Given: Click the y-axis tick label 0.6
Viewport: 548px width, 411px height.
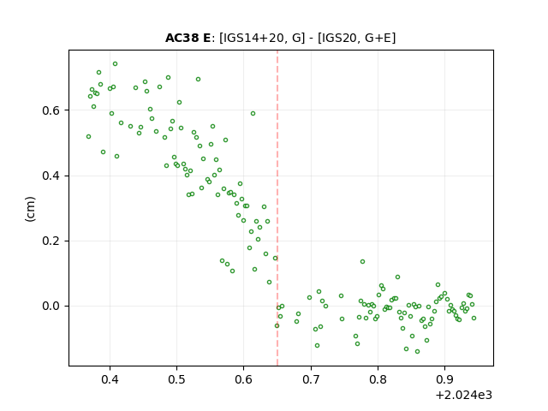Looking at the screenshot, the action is pos(51,110).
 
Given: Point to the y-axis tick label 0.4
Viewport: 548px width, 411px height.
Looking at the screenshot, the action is pos(51,176).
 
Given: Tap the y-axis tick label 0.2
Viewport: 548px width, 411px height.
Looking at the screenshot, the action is pos(51,241).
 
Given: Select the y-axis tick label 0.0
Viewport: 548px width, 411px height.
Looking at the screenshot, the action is pos(51,307).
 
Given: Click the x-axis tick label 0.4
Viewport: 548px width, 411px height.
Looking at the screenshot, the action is pos(110,379).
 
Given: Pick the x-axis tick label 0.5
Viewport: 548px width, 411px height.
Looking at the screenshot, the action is pos(177,379).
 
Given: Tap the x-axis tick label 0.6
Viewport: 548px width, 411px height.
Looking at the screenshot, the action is pos(243,379).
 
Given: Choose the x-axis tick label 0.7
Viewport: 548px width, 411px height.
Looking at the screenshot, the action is pos(311,379).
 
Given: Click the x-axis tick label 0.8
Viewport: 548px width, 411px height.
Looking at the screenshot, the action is pos(378,379).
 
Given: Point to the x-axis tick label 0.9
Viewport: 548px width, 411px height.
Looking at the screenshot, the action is pos(444,379).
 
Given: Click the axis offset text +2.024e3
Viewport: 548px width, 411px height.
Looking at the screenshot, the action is pos(464,396).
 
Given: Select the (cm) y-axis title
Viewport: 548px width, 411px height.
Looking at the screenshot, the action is pos(31,209).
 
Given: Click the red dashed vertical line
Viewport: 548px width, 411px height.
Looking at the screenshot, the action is pos(277,208).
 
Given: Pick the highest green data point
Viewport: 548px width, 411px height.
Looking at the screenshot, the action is pos(115,64).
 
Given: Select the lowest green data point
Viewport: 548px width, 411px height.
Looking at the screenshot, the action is pos(417,351).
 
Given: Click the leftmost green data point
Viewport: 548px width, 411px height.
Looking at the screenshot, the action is pos(88,137).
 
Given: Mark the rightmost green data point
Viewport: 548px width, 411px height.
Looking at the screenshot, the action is pos(474,318).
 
